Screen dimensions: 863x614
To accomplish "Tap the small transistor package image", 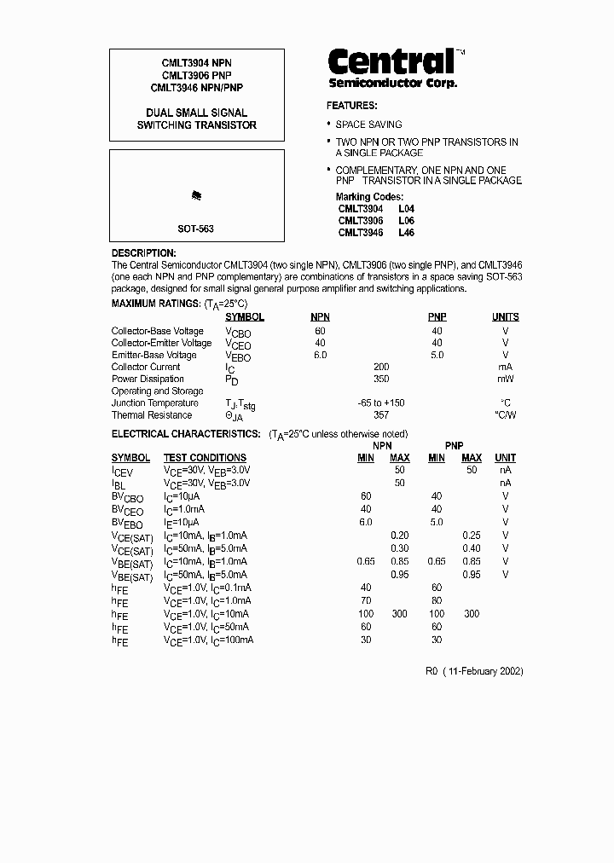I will pos(197,196).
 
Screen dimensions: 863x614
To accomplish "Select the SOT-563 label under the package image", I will pos(196,229).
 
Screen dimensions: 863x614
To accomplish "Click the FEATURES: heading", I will pos(351,106).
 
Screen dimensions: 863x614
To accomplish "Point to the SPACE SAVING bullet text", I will pos(368,125).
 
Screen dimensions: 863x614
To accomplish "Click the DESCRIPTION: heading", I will pos(143,253).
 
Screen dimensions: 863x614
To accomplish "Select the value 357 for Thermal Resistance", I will pos(380,415).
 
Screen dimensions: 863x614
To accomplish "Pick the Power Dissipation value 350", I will pos(380,379).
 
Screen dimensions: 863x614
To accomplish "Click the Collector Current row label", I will pos(146,367).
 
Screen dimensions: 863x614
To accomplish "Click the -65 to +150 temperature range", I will pos(380,403).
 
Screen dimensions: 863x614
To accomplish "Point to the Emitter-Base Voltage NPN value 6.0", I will pos(320,355).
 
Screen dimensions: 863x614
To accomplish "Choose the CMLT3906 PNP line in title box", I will pos(196,75).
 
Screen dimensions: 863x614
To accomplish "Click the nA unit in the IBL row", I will pos(505,483).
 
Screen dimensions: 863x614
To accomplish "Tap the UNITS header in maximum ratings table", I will pos(505,317).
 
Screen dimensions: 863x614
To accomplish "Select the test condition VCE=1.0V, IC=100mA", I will pos(208,640).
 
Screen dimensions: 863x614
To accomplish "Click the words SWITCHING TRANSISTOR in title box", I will pos(197,125).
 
